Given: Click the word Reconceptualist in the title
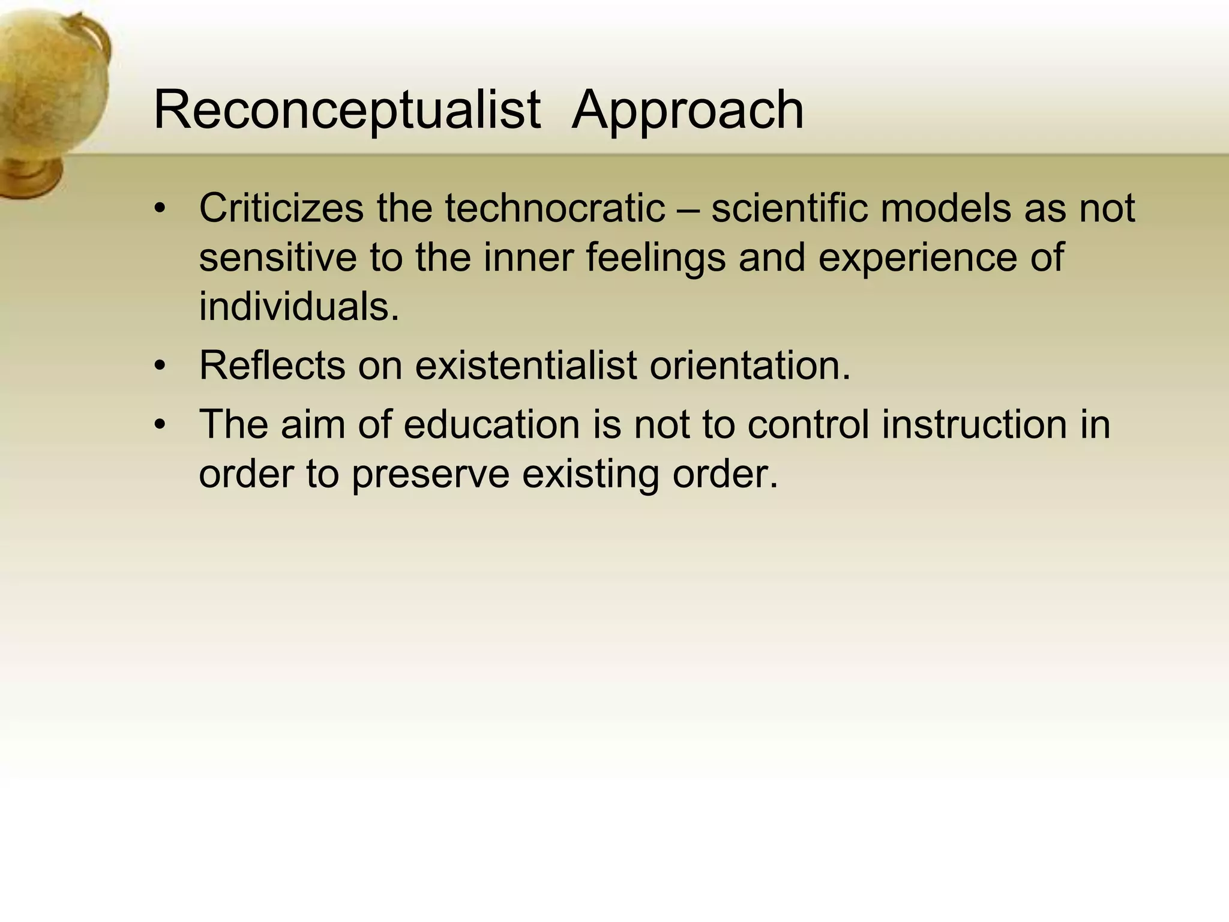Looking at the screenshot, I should [347, 110].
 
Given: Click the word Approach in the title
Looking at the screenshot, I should [687, 110].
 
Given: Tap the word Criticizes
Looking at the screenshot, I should [281, 208].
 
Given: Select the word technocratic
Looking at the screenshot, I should [554, 208].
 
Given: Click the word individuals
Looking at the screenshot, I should [299, 306].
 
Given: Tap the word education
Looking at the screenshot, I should [491, 424].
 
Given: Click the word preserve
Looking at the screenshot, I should [430, 474].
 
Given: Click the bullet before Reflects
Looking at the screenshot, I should [159, 366].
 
